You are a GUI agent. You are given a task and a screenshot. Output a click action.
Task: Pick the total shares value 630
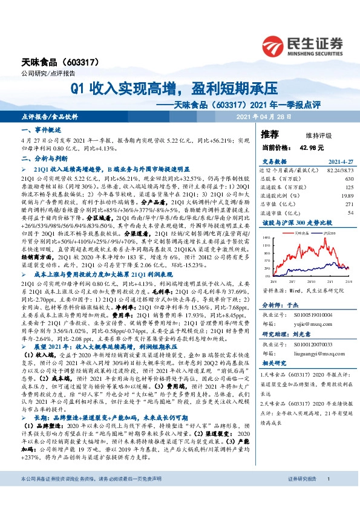click(349, 180)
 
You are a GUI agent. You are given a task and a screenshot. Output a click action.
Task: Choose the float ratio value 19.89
click(347, 196)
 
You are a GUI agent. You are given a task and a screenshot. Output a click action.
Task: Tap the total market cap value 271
click(349, 204)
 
